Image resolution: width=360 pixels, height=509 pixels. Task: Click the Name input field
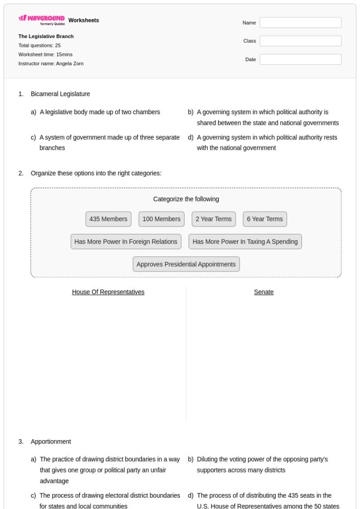point(300,23)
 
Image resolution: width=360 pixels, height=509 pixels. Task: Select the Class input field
point(300,41)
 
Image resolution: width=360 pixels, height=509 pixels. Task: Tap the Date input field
point(300,60)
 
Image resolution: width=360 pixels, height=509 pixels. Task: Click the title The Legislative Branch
point(46,37)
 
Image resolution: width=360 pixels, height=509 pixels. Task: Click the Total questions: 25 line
point(40,46)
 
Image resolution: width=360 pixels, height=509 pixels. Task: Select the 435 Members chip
point(109,219)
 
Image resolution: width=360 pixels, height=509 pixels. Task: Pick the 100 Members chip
point(161,219)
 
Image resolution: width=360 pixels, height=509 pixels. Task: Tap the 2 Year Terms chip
point(213,219)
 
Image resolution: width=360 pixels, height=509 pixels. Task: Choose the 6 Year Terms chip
point(265,219)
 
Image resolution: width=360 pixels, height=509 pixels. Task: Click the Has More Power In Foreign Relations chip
point(126,242)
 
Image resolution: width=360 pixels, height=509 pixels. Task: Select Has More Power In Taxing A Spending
point(245,242)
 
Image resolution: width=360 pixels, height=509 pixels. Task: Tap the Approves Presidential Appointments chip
point(186,264)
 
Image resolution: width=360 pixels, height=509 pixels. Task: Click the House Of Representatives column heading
point(108,292)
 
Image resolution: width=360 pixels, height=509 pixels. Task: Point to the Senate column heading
point(264,292)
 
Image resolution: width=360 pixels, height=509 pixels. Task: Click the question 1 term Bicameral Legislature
point(60,94)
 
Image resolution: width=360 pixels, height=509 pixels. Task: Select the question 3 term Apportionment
point(51,441)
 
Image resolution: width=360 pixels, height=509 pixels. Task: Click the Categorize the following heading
point(186,199)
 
